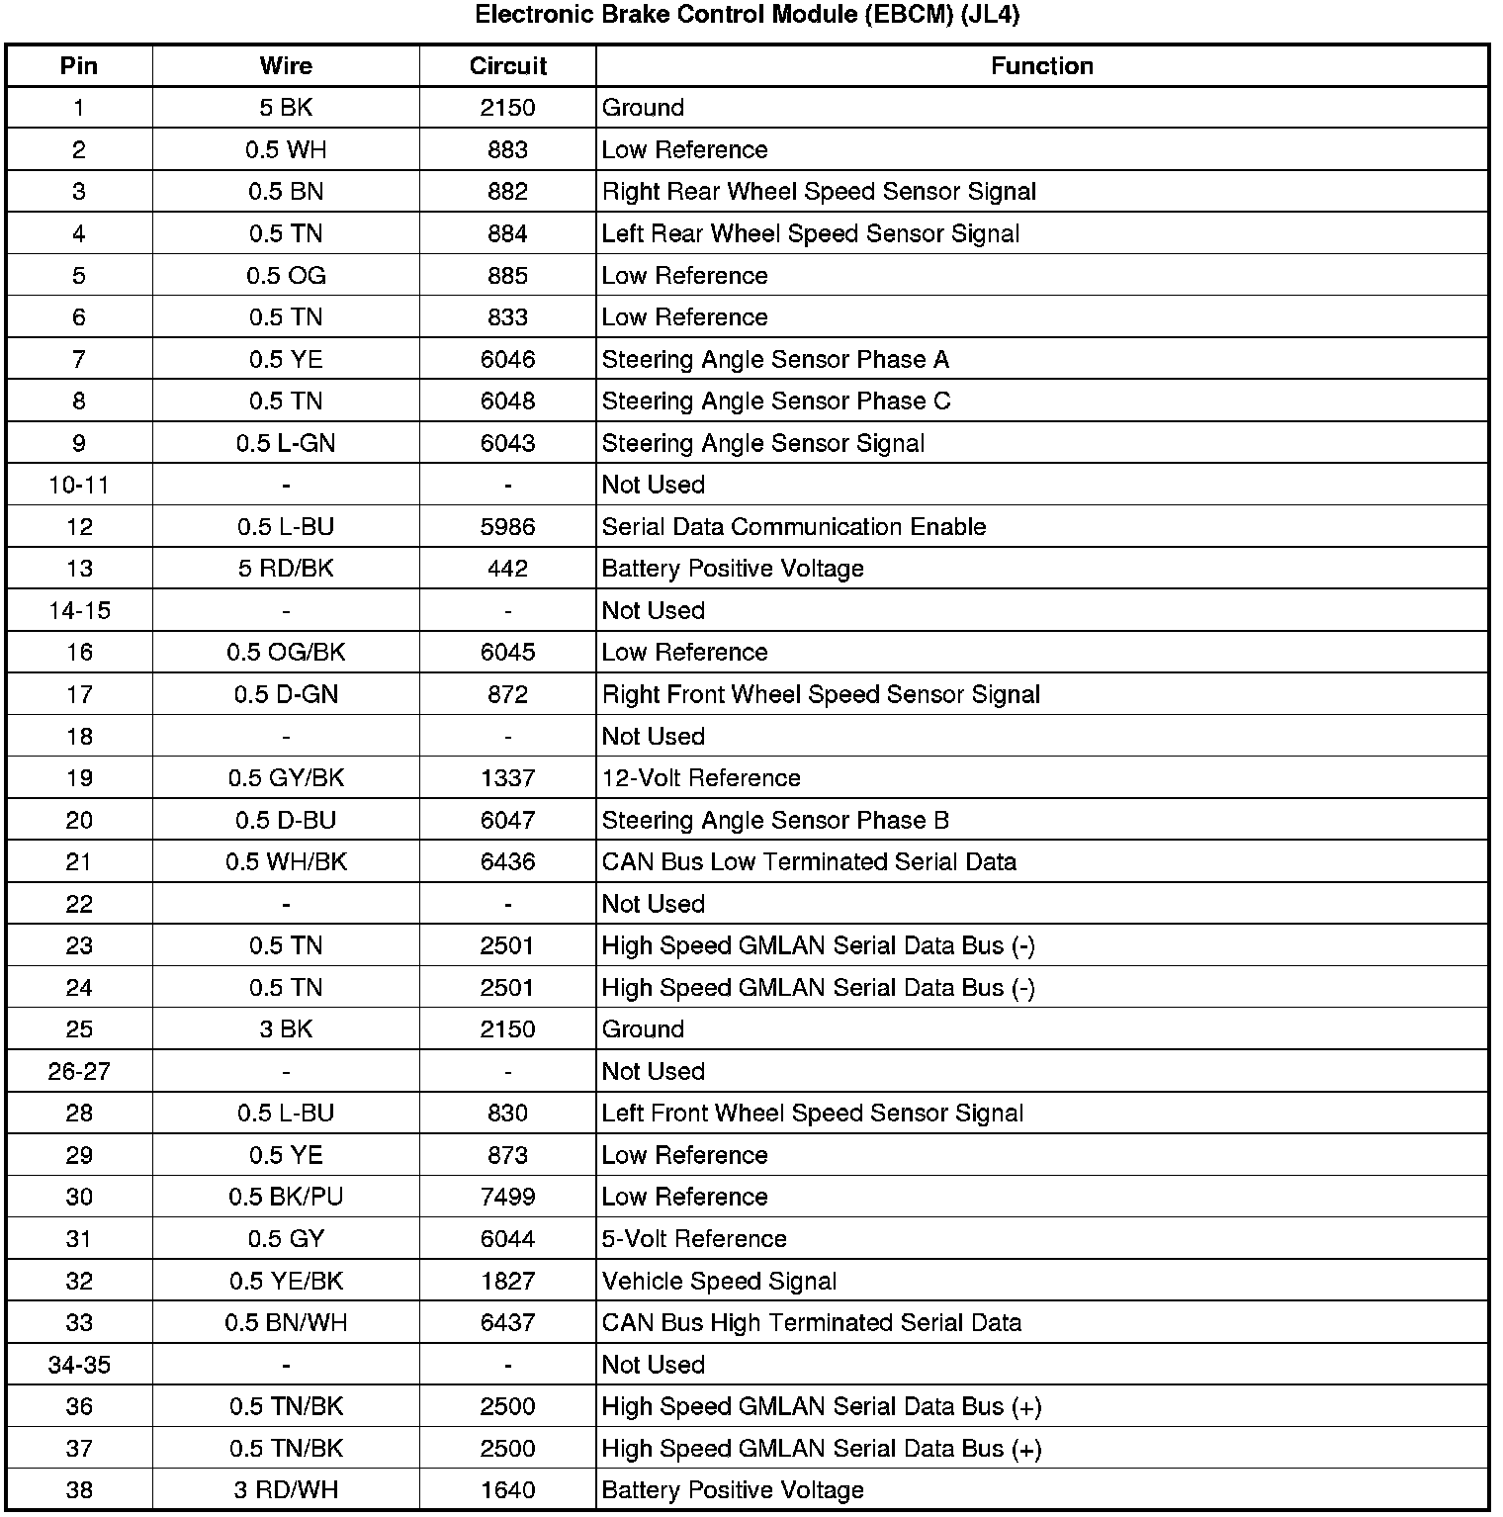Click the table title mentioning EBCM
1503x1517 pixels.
pos(748,15)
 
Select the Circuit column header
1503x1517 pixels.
pos(507,66)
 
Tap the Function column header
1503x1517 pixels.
pos(1041,66)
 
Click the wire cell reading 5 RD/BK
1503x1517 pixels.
pos(286,569)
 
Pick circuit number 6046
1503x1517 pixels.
pos(507,359)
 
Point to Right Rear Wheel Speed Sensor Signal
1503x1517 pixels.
pos(819,192)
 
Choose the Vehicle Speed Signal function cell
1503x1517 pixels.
pos(719,1282)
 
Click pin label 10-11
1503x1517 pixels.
pos(79,485)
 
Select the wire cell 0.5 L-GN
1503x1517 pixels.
pos(286,443)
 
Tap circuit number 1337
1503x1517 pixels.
pos(507,778)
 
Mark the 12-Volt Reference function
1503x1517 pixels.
pos(701,778)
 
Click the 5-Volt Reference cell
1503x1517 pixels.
pos(694,1239)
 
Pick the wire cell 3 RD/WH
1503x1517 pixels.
pos(286,1490)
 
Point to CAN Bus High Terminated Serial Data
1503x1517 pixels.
pos(811,1323)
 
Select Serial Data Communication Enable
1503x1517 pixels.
pos(793,527)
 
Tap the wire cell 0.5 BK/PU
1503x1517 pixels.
pos(286,1198)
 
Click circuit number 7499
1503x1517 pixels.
pos(507,1198)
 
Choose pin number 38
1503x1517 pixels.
pos(79,1490)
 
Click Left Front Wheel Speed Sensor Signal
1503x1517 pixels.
pos(812,1114)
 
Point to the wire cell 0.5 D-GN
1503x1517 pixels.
pos(286,694)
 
